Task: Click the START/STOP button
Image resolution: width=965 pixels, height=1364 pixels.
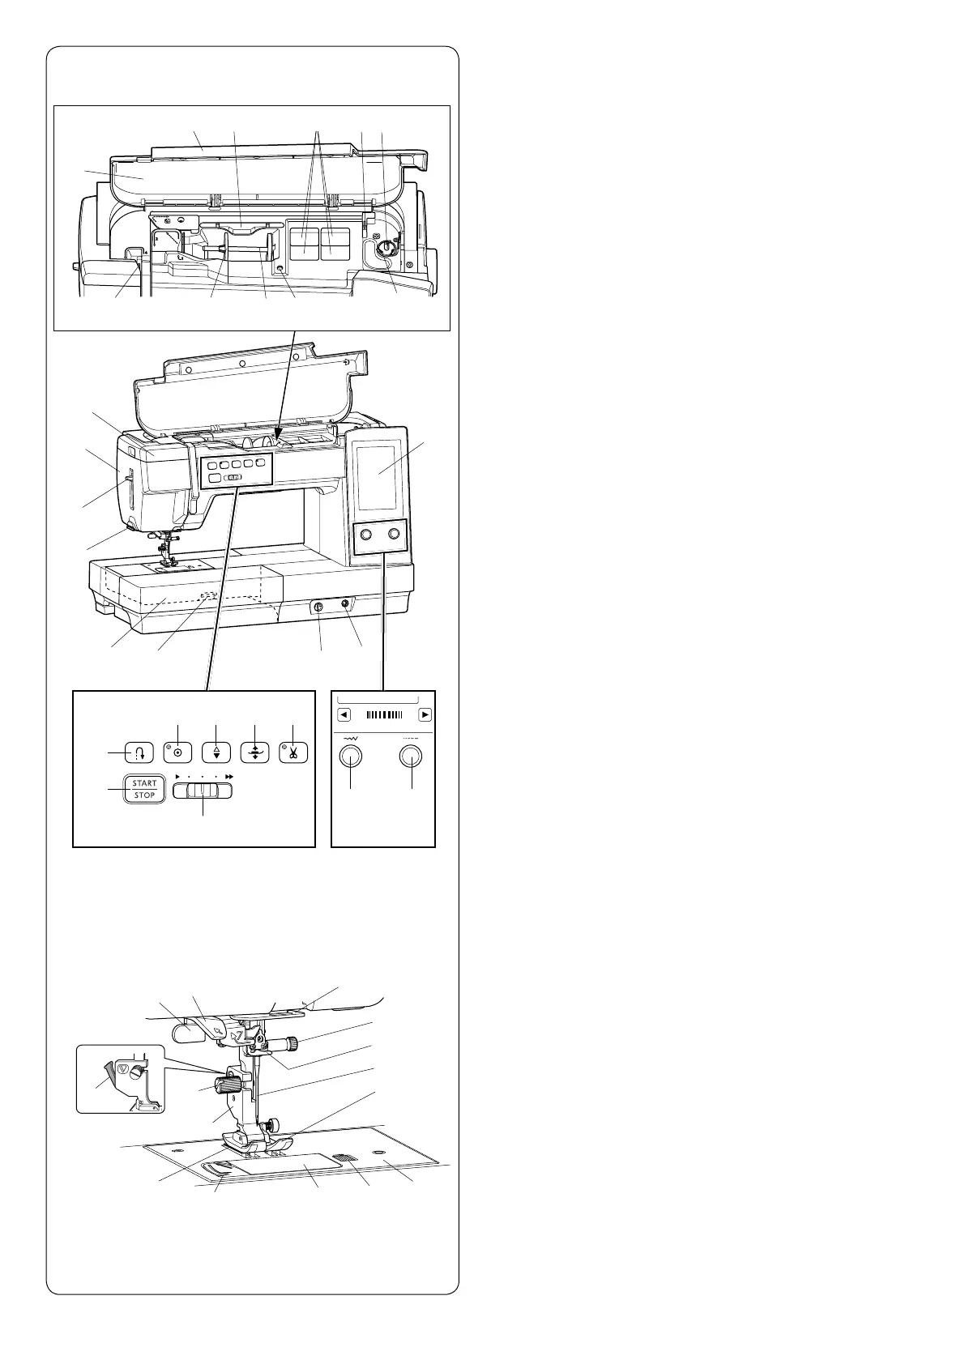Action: coord(144,789)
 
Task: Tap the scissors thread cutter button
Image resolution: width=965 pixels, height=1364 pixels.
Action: coord(293,752)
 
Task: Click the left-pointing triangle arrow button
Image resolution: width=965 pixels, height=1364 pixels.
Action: coord(344,715)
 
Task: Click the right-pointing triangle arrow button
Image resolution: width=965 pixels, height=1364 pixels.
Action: coord(425,715)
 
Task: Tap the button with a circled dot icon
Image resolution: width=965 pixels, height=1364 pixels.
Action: coord(177,752)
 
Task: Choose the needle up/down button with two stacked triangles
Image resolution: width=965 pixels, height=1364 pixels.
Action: coord(216,752)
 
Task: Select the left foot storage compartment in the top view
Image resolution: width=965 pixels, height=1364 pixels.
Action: coord(305,242)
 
